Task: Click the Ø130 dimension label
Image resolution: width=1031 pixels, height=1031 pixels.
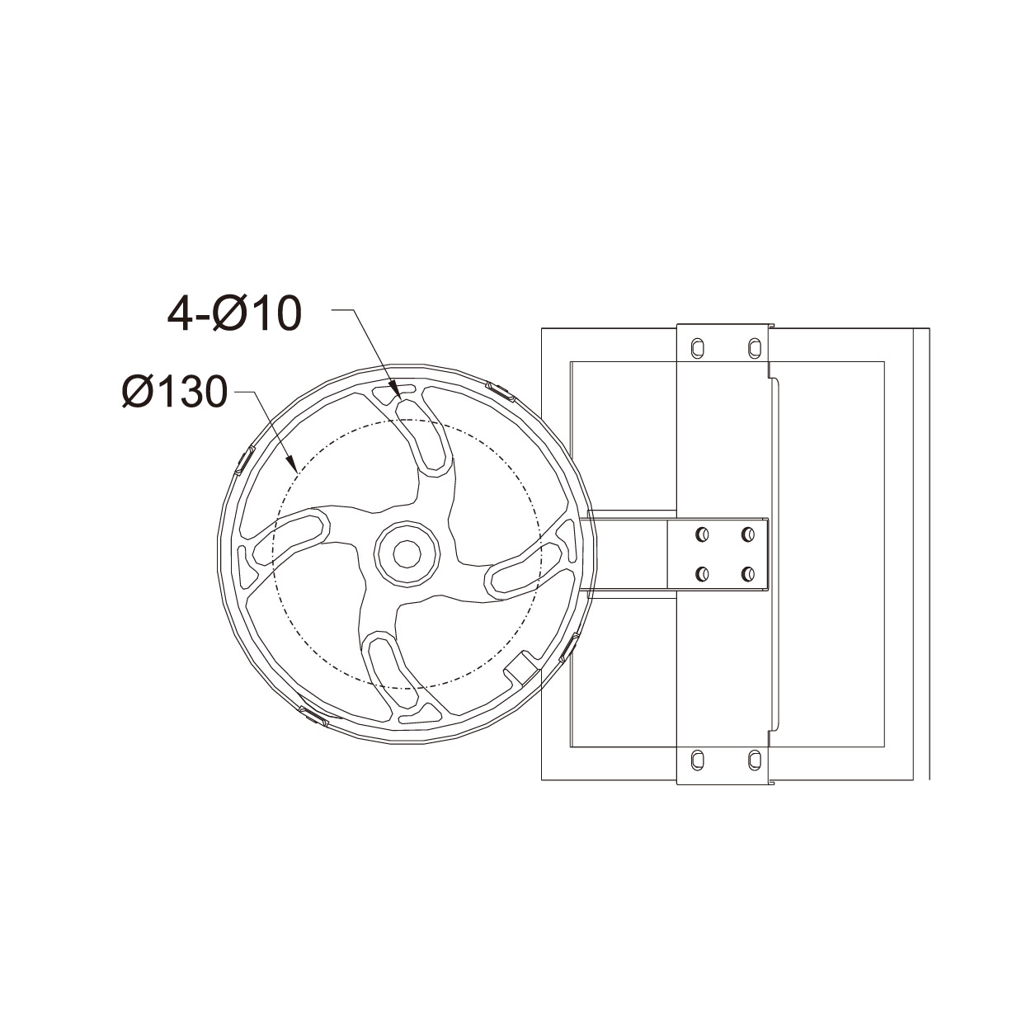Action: coord(175,392)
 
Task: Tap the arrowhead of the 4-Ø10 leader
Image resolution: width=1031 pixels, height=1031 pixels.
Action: coord(397,389)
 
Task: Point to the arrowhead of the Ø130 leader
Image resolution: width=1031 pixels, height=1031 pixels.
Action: coord(292,464)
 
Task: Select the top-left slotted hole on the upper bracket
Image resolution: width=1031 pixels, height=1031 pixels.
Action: coord(698,348)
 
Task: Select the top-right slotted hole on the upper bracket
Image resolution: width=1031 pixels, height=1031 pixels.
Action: coord(755,348)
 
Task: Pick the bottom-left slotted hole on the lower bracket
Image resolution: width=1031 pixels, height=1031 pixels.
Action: coord(698,760)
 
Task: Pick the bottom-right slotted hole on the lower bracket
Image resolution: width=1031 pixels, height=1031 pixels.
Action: coord(755,760)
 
